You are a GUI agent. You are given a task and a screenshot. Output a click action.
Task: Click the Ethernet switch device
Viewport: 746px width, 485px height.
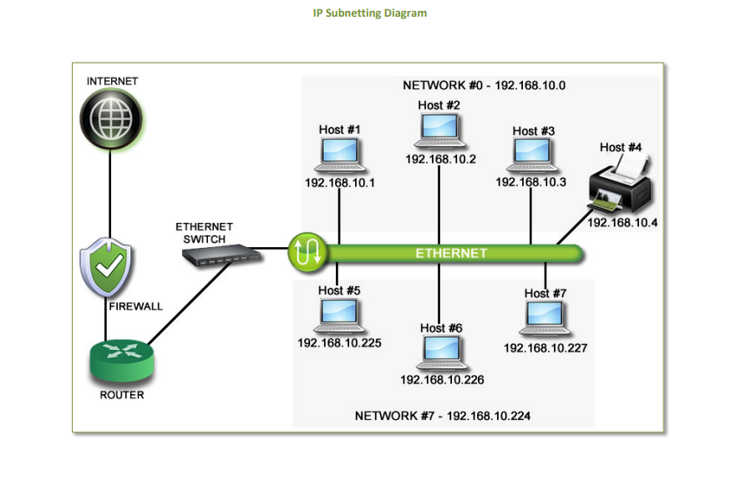[221, 256]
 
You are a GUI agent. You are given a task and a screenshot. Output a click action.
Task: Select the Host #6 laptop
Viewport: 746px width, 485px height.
[440, 354]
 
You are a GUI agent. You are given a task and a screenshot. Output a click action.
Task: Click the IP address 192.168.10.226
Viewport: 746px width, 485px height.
[442, 380]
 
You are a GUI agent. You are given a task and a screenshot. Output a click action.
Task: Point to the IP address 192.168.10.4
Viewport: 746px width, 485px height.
[622, 223]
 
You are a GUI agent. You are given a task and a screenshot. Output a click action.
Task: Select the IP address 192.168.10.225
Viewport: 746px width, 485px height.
[339, 342]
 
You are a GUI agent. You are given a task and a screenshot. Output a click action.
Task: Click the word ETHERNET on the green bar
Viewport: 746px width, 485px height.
[451, 253]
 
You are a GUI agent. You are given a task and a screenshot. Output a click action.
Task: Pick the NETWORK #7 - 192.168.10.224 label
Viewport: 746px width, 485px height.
[443, 416]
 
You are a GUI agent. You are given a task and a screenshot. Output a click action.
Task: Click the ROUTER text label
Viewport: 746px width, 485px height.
[122, 395]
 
